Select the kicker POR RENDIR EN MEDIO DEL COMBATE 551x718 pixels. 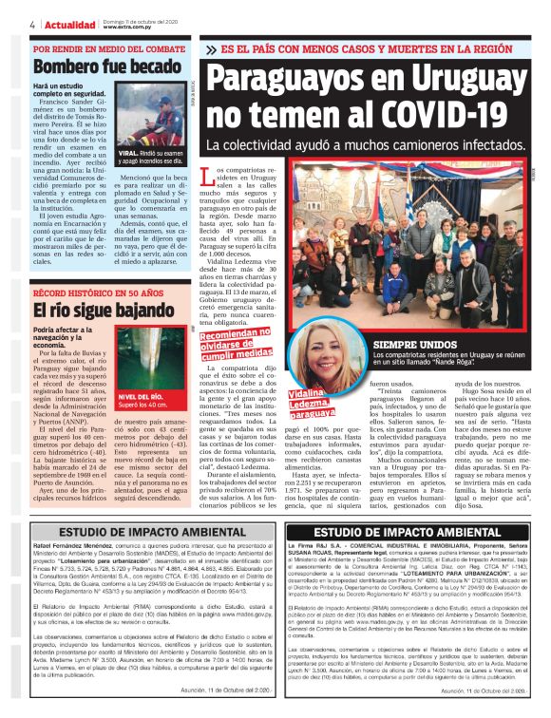coord(109,47)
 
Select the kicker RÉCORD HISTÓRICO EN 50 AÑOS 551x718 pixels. coord(100,293)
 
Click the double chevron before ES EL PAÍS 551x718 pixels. coord(211,47)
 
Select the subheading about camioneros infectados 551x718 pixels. coord(366,147)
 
